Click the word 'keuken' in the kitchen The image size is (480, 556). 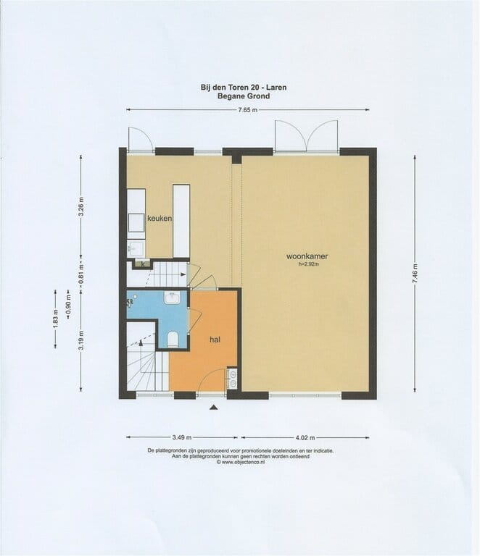159,218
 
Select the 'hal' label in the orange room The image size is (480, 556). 215,339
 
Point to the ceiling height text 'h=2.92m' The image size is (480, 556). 308,265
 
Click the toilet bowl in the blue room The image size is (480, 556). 173,339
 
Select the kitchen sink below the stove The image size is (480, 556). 135,248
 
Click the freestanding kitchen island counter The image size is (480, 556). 181,221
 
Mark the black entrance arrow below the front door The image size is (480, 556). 213,409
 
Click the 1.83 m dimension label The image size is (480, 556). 55,319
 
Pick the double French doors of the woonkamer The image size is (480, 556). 306,138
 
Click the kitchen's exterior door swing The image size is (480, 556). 140,139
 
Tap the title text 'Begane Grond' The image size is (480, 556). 243,96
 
